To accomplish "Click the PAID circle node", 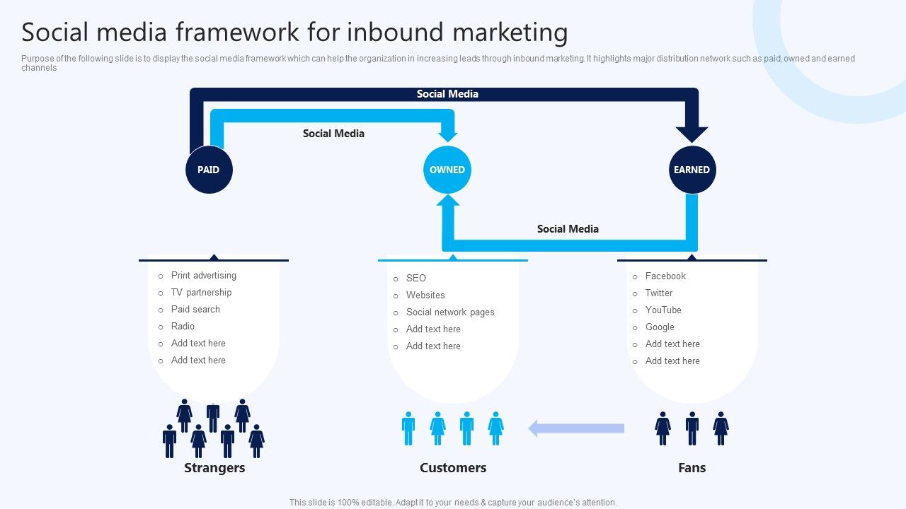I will point(209,170).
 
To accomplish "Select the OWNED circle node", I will point(447,170).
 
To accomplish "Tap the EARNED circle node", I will point(692,170).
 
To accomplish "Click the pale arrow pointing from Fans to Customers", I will point(576,428).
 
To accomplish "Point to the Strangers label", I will point(214,468).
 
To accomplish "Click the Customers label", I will point(453,468).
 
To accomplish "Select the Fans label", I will point(692,468).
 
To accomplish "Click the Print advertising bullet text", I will point(204,276).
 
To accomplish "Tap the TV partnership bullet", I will point(201,293).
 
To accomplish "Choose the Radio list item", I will point(183,327).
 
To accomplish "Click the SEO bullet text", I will point(416,279).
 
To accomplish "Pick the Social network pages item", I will point(450,312).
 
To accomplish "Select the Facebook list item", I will point(665,276).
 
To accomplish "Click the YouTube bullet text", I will point(663,310).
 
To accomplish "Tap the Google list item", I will point(660,327).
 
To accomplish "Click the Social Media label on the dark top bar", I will point(447,94).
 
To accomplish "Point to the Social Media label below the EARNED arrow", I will point(568,229).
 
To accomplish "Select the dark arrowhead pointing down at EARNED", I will point(692,133).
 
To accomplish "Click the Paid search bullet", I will point(195,310).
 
